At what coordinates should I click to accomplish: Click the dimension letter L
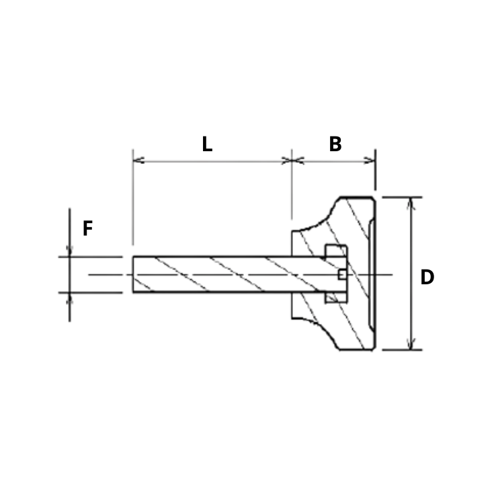(207, 144)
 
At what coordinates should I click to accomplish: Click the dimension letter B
(335, 144)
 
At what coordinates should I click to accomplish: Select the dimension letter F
(87, 229)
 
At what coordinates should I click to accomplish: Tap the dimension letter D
(427, 277)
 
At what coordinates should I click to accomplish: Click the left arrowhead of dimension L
(137, 160)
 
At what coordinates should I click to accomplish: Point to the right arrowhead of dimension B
(370, 160)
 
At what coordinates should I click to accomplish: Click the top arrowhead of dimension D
(411, 201)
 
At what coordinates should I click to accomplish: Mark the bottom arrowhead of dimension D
(411, 345)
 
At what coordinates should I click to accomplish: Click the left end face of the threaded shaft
(133, 274)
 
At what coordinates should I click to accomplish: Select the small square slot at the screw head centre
(342, 274)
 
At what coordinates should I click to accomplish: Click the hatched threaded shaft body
(215, 274)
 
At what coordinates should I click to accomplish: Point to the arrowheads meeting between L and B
(292, 160)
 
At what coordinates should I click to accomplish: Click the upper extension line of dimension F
(94, 256)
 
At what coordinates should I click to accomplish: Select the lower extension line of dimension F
(94, 292)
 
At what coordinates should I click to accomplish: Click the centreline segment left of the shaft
(108, 274)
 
